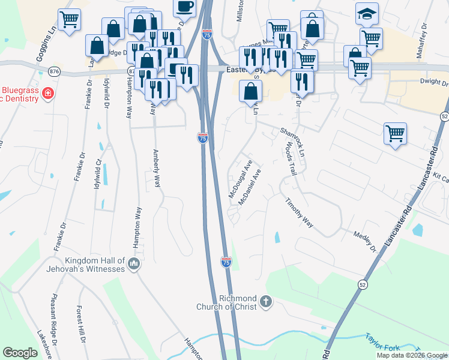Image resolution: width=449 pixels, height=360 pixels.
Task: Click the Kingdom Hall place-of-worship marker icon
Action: tap(134, 265)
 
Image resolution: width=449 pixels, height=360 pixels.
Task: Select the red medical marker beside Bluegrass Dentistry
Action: tap(47, 94)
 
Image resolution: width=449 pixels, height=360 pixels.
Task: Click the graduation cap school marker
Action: tap(367, 14)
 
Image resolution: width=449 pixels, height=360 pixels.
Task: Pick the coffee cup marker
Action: tap(184, 7)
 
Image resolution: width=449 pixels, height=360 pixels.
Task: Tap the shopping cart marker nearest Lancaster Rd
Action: tap(395, 134)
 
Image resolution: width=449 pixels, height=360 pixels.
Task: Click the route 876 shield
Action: tap(55, 71)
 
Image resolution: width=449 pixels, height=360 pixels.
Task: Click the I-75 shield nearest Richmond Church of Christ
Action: tap(226, 262)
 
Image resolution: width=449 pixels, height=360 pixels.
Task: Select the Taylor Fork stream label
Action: tap(382, 339)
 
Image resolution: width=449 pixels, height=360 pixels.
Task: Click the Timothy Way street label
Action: tap(299, 213)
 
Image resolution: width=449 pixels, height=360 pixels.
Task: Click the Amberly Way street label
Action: tap(157, 170)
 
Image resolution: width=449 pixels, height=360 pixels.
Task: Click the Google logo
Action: tap(20, 353)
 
